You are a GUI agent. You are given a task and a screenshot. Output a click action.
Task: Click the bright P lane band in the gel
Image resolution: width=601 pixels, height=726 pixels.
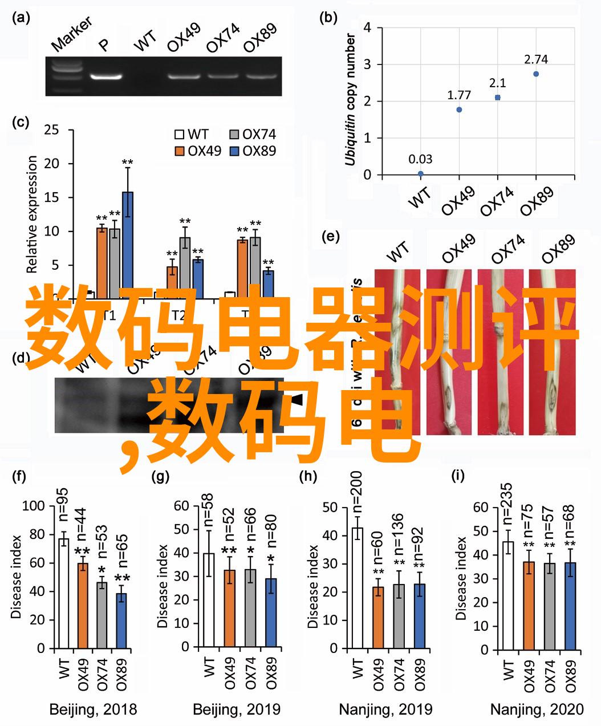[x=105, y=75]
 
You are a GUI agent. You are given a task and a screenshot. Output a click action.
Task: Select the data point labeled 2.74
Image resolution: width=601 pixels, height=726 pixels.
[x=536, y=74]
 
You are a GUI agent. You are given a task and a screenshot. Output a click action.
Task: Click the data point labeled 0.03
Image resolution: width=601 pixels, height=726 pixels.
[x=421, y=173]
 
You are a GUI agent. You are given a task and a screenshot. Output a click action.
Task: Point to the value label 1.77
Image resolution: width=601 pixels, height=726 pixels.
[x=458, y=95]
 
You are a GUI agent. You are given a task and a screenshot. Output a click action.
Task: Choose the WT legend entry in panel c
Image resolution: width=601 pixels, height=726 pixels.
[x=192, y=135]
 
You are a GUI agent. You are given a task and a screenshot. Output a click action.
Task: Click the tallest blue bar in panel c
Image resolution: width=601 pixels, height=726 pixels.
[x=128, y=245]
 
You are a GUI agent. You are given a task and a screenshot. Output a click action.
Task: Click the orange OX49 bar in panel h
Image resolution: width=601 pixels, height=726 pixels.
[x=378, y=617]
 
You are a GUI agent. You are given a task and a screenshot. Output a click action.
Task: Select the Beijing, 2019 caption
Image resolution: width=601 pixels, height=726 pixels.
[x=236, y=710]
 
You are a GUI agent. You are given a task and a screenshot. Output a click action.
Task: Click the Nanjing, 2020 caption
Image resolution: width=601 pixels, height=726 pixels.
[x=537, y=710]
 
